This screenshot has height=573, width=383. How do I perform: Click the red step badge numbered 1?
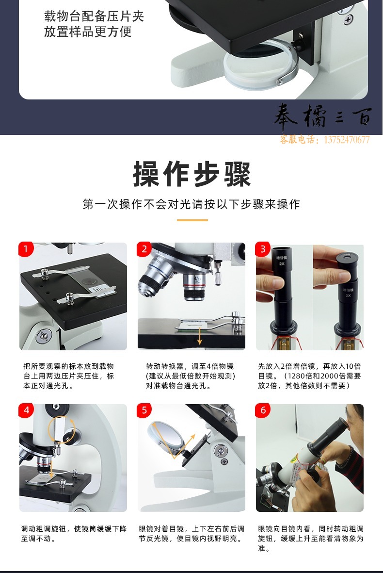pyautogui.click(x=26, y=249)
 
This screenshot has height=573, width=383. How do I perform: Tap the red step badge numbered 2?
pyautogui.click(x=144, y=249)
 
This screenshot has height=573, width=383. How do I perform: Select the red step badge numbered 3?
pyautogui.click(x=262, y=249)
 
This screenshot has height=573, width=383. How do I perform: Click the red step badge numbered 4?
pyautogui.click(x=26, y=410)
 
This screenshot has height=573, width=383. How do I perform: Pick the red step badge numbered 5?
pyautogui.click(x=144, y=410)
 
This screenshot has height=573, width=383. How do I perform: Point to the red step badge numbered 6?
pyautogui.click(x=262, y=410)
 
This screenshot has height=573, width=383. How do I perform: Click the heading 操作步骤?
pyautogui.click(x=191, y=174)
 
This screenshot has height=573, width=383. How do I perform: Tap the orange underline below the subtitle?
pyautogui.click(x=192, y=220)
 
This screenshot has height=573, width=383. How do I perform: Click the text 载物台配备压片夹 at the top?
pyautogui.click(x=94, y=16)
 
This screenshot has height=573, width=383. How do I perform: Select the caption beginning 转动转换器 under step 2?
pyautogui.click(x=190, y=376)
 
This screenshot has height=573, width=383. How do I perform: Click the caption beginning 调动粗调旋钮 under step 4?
pyautogui.click(x=74, y=534)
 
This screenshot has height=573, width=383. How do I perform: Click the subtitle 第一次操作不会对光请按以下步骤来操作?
pyautogui.click(x=191, y=204)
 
